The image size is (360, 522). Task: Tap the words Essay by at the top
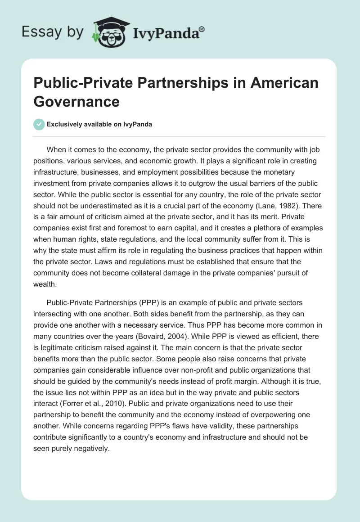coord(52,31)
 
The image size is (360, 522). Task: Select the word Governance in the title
coord(76,101)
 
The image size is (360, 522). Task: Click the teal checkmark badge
coord(39,124)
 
